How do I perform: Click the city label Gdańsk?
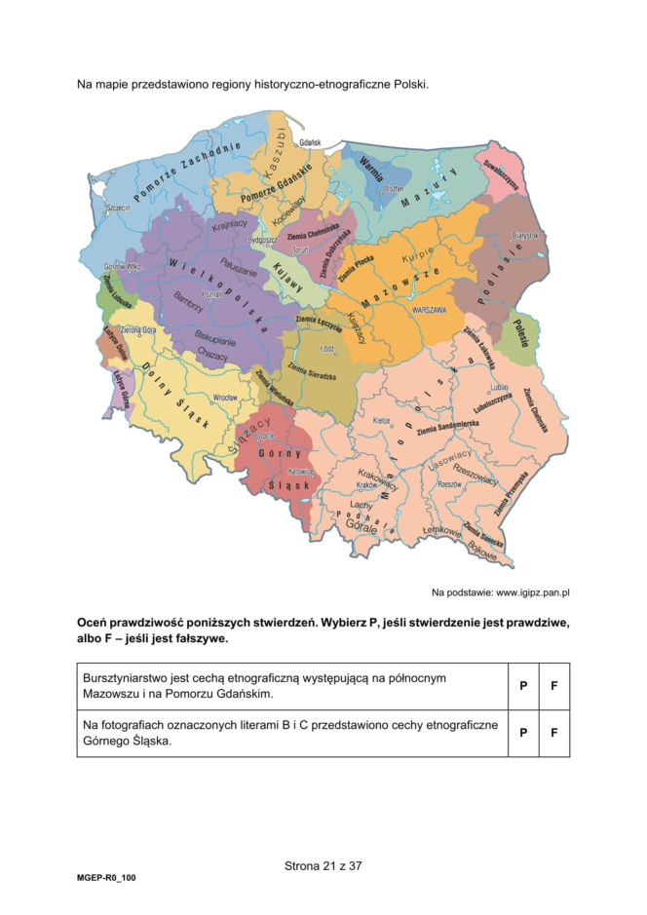(311, 142)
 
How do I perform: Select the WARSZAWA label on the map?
(429, 309)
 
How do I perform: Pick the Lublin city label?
(499, 387)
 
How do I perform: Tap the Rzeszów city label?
(450, 484)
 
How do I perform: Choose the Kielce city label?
(383, 421)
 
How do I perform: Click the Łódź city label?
(327, 348)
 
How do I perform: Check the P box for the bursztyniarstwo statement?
(522, 686)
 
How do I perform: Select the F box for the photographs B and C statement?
(553, 733)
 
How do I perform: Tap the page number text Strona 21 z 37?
(323, 864)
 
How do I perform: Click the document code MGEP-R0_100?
(107, 878)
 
